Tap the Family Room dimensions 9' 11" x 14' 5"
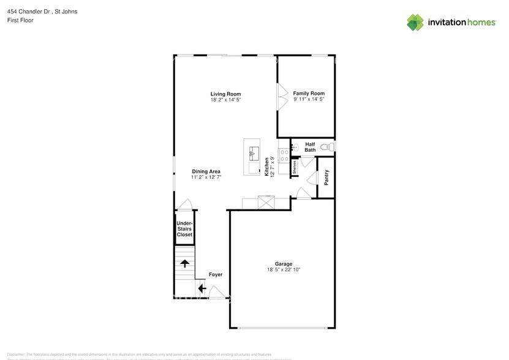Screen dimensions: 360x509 [x=309, y=99]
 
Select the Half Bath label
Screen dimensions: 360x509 [x=310, y=147]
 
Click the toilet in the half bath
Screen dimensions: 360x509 [x=330, y=147]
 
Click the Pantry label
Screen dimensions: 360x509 [x=326, y=178]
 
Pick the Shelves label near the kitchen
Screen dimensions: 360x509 [x=295, y=168]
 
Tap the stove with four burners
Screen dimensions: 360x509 [x=284, y=155]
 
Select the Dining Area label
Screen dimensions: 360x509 [x=206, y=171]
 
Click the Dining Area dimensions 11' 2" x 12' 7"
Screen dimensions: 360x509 [x=206, y=178]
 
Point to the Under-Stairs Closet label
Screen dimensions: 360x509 [x=184, y=229]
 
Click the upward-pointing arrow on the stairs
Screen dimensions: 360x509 [x=184, y=264]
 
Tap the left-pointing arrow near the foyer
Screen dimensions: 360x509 [x=202, y=288]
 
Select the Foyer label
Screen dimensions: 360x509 [x=216, y=274]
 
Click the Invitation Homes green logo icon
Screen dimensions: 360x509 [x=415, y=22]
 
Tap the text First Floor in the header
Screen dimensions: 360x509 [x=20, y=20]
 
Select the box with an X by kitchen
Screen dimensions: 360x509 [x=266, y=203]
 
